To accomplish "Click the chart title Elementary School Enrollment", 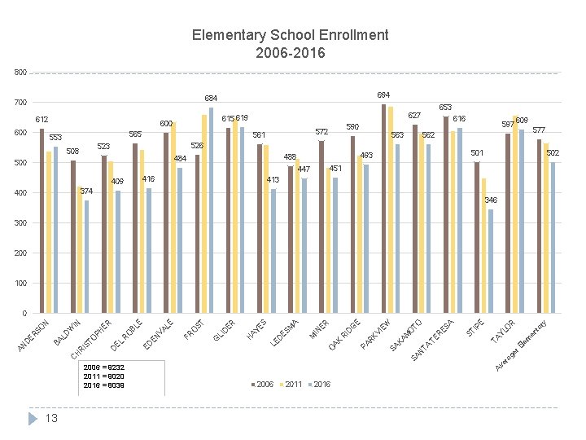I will (290, 35).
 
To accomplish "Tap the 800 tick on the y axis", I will (20, 73).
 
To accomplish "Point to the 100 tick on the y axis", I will (20, 283).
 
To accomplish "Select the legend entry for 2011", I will (292, 384).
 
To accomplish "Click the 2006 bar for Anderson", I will (42, 221).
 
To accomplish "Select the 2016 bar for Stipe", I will (491, 261).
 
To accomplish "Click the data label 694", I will (383, 95).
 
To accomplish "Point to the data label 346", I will (491, 200).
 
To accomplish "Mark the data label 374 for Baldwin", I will (87, 191).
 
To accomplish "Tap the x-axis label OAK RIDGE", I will (344, 337).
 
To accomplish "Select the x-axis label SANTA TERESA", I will (431, 341).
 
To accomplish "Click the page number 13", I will (51, 418).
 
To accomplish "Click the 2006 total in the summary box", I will (104, 368).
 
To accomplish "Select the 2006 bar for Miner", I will (321, 227).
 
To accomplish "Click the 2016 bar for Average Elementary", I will (553, 237).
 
